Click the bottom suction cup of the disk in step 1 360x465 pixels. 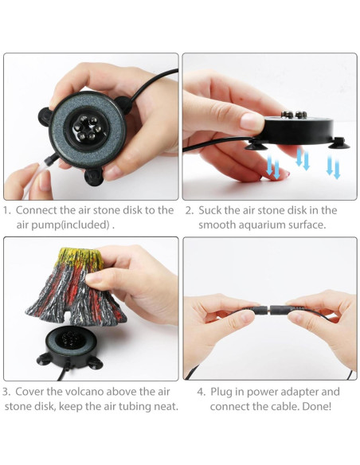94,174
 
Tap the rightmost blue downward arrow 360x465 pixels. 333,166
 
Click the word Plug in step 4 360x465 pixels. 224,392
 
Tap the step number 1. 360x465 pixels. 6,210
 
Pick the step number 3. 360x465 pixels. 6,392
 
